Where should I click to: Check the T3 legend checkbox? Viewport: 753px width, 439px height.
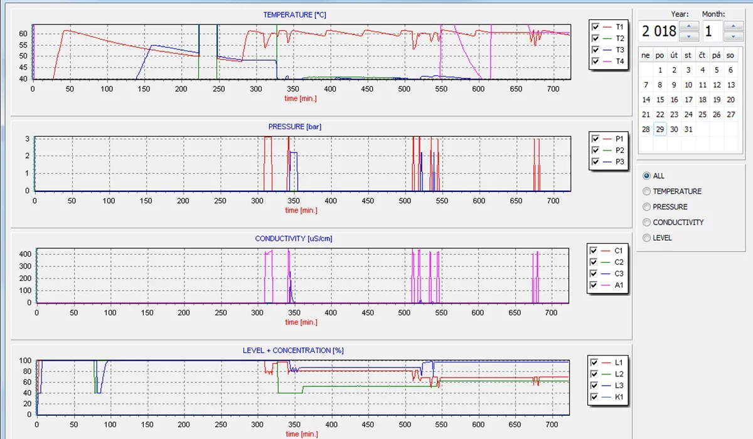click(x=595, y=50)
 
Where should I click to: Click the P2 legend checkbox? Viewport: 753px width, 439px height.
click(x=595, y=150)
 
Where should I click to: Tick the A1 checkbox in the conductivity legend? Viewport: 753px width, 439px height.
click(x=594, y=285)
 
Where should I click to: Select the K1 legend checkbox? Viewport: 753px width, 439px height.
click(x=594, y=397)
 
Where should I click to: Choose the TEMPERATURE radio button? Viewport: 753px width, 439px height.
click(x=646, y=191)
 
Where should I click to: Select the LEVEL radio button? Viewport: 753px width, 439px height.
click(x=646, y=238)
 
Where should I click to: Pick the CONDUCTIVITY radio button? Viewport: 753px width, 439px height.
click(x=646, y=223)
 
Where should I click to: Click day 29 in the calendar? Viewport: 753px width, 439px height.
click(x=660, y=129)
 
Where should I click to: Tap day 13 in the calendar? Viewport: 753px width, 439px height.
click(x=731, y=85)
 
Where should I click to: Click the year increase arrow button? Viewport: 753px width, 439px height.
click(x=689, y=26)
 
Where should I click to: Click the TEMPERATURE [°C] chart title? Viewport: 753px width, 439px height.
click(x=294, y=15)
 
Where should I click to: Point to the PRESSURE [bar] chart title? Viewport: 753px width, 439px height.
click(x=295, y=127)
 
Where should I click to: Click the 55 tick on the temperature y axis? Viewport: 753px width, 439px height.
click(x=23, y=45)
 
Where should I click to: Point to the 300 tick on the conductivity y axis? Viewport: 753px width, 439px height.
click(x=25, y=266)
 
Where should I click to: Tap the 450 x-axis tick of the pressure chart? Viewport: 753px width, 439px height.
click(x=368, y=201)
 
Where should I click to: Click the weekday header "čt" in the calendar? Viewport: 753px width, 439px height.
click(x=702, y=55)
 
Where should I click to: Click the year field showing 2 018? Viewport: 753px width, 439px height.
click(x=658, y=31)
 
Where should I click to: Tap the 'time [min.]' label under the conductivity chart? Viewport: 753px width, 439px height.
click(x=301, y=322)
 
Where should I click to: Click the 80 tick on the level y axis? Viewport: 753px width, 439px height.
click(x=27, y=371)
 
